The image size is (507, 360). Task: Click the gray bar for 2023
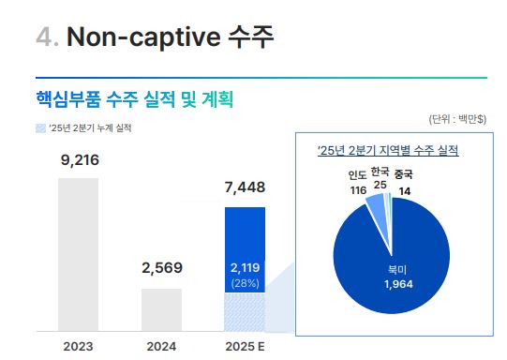pos(78,254)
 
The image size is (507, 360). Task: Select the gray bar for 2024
pos(161,309)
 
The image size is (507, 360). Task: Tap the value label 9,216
pos(78,160)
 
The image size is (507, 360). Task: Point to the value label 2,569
pos(161,268)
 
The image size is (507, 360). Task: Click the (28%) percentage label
pos(245,283)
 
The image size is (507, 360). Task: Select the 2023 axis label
pos(78,346)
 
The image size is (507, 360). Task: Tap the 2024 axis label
pos(161,346)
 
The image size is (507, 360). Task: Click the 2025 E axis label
pos(245,346)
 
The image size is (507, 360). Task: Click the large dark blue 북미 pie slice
pos(394,262)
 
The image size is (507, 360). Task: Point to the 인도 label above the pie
pos(357,175)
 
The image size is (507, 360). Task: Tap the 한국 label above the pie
pos(380,172)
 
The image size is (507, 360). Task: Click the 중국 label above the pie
pos(404,174)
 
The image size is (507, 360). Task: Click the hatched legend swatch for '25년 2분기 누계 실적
pos(39,127)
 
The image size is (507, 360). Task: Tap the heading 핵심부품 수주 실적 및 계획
pos(133,97)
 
